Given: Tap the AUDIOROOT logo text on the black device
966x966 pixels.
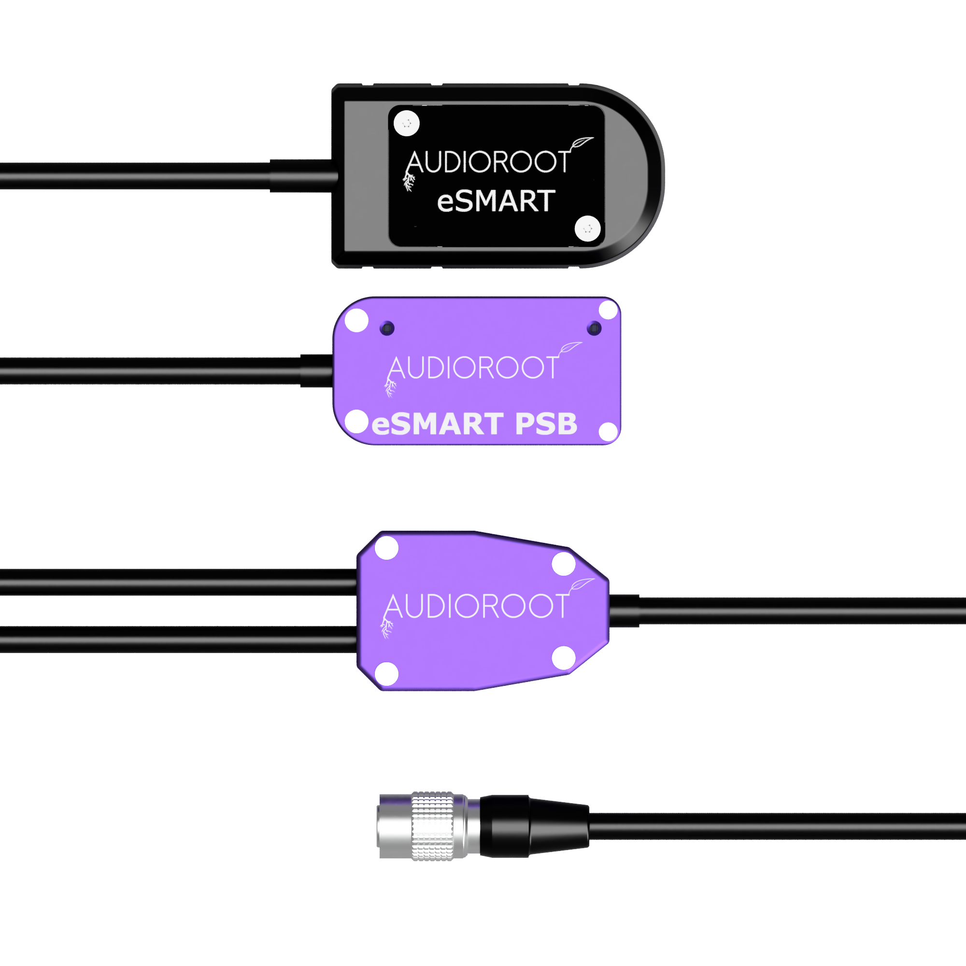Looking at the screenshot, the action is coord(488,162).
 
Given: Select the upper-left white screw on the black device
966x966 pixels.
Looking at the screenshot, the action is coord(407,123).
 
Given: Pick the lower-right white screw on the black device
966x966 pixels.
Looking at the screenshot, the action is coord(587,228).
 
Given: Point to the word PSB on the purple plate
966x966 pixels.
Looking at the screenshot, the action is coord(546,424).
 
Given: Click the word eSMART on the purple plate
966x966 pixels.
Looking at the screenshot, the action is coord(438,424).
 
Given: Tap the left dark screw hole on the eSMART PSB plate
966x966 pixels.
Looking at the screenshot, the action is coord(387,328).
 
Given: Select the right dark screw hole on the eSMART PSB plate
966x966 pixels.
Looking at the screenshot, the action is coord(594,328).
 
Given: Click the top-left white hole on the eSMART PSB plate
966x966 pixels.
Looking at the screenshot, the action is coord(356,320).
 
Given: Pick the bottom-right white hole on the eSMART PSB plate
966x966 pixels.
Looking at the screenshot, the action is coord(608,432).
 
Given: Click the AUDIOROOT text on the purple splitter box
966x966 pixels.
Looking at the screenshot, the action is coord(476,606).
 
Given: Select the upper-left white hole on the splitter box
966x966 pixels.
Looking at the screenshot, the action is coord(386,548).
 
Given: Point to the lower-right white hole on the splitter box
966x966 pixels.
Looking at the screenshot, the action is coord(564,657).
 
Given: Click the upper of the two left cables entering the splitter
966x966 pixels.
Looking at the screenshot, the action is coord(179,582).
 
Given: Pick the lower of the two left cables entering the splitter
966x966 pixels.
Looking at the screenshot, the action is coord(179,639).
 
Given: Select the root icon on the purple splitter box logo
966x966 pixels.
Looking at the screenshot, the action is coord(386,627).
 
